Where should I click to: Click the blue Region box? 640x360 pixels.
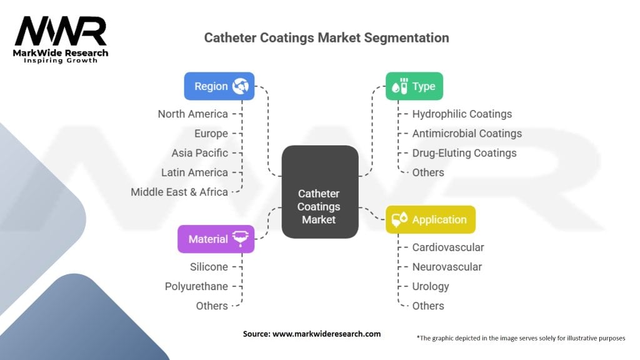click(219, 86)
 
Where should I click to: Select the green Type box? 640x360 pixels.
click(414, 86)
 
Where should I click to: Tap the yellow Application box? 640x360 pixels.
click(430, 219)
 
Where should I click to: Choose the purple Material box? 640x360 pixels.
click(216, 239)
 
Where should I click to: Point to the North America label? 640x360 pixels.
click(192, 114)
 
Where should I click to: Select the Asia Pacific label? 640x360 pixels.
click(199, 152)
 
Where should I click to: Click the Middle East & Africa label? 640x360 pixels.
click(179, 192)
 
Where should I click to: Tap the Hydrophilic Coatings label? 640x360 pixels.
click(462, 114)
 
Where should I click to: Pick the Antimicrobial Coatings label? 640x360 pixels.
click(467, 133)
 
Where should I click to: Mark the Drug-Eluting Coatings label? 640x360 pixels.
click(464, 152)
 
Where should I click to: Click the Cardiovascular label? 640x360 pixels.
click(447, 247)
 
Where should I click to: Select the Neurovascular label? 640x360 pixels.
click(447, 267)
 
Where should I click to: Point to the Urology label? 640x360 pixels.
click(431, 286)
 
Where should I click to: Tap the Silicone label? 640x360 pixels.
click(209, 267)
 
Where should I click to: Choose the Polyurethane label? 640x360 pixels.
click(196, 286)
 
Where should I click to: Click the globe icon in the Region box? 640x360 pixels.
click(240, 86)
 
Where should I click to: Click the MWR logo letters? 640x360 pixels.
click(61, 32)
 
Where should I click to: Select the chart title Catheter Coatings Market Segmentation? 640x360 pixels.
click(326, 37)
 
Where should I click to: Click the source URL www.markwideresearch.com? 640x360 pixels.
click(327, 334)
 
